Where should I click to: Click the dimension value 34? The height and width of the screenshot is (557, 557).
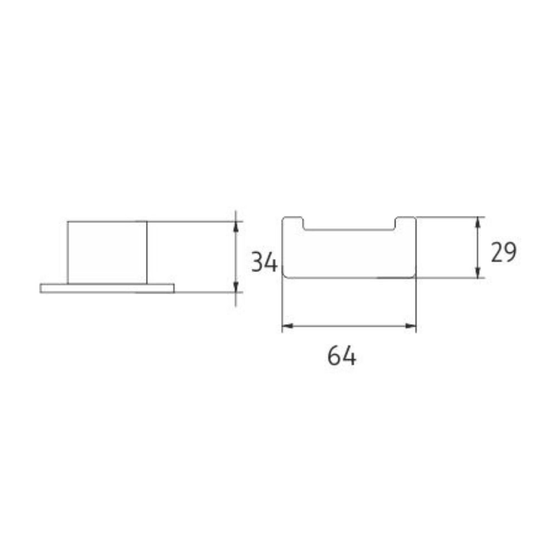pyautogui.click(x=264, y=262)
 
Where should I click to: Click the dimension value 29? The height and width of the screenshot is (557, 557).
pyautogui.click(x=504, y=252)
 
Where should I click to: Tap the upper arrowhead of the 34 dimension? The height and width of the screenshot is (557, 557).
pyautogui.click(x=236, y=227)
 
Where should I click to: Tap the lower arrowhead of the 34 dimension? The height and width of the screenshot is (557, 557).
pyautogui.click(x=236, y=287)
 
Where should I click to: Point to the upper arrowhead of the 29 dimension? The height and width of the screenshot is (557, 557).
pyautogui.click(x=478, y=222)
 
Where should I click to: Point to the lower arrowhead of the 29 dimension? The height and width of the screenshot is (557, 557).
pyautogui.click(x=478, y=272)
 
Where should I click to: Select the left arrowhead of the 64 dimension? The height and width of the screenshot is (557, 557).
pyautogui.click(x=288, y=326)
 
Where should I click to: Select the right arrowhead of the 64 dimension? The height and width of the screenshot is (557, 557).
pyautogui.click(x=411, y=326)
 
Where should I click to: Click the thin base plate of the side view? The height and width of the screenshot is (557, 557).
pyautogui.click(x=107, y=289)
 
